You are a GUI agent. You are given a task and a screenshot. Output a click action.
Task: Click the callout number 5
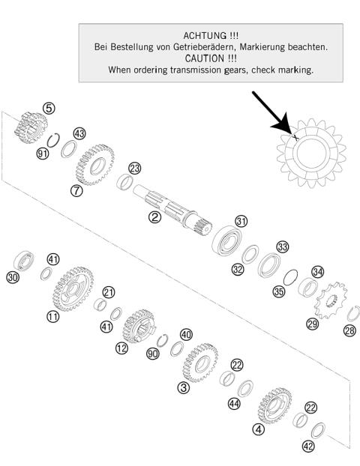click(49, 109)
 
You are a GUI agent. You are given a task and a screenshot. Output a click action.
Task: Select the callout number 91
click(42, 154)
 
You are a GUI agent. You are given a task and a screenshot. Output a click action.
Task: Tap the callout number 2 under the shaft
click(154, 218)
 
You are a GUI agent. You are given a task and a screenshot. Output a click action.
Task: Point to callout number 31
click(241, 221)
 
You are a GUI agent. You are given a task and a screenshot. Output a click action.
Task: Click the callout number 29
click(312, 324)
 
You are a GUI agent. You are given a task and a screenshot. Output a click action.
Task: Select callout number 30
click(12, 277)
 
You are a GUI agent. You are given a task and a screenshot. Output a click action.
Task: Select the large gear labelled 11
click(72, 288)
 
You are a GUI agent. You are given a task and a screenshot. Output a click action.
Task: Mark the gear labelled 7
click(94, 164)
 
